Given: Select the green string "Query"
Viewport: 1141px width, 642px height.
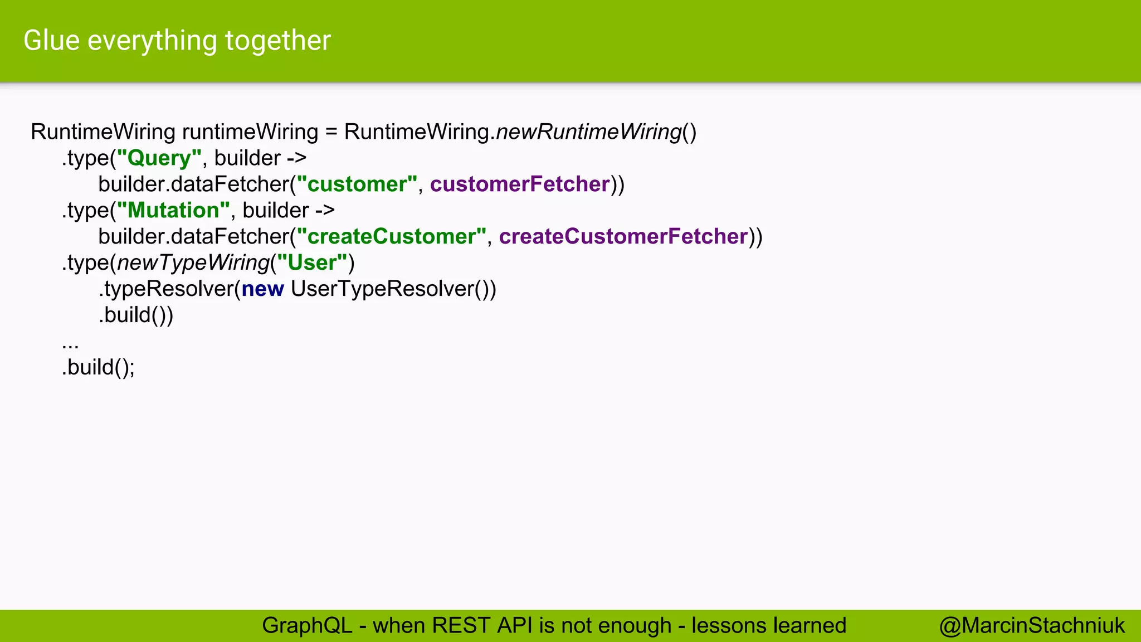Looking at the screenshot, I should [x=159, y=158].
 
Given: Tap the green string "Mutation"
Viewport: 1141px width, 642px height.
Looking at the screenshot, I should [x=173, y=211].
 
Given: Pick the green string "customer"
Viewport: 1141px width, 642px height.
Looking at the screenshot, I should [x=357, y=184].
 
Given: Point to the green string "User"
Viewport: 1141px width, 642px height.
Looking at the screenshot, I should [x=312, y=263].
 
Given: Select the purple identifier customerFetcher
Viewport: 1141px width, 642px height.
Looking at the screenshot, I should [x=520, y=184].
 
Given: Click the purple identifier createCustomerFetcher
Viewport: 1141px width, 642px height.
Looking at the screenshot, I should [x=623, y=237].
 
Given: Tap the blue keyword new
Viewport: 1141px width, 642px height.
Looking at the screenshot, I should [x=263, y=289].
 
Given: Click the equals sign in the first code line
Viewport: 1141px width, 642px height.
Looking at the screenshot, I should [x=331, y=133].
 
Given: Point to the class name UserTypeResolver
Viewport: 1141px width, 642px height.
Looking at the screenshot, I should [x=383, y=289].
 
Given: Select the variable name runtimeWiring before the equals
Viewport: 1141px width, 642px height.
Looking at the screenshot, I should [x=250, y=132].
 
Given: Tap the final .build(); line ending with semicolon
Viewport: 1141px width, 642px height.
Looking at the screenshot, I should [x=98, y=367].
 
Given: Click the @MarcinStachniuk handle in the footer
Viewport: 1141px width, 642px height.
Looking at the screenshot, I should [x=1032, y=626].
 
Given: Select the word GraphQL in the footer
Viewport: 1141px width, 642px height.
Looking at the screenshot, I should [x=307, y=626].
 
